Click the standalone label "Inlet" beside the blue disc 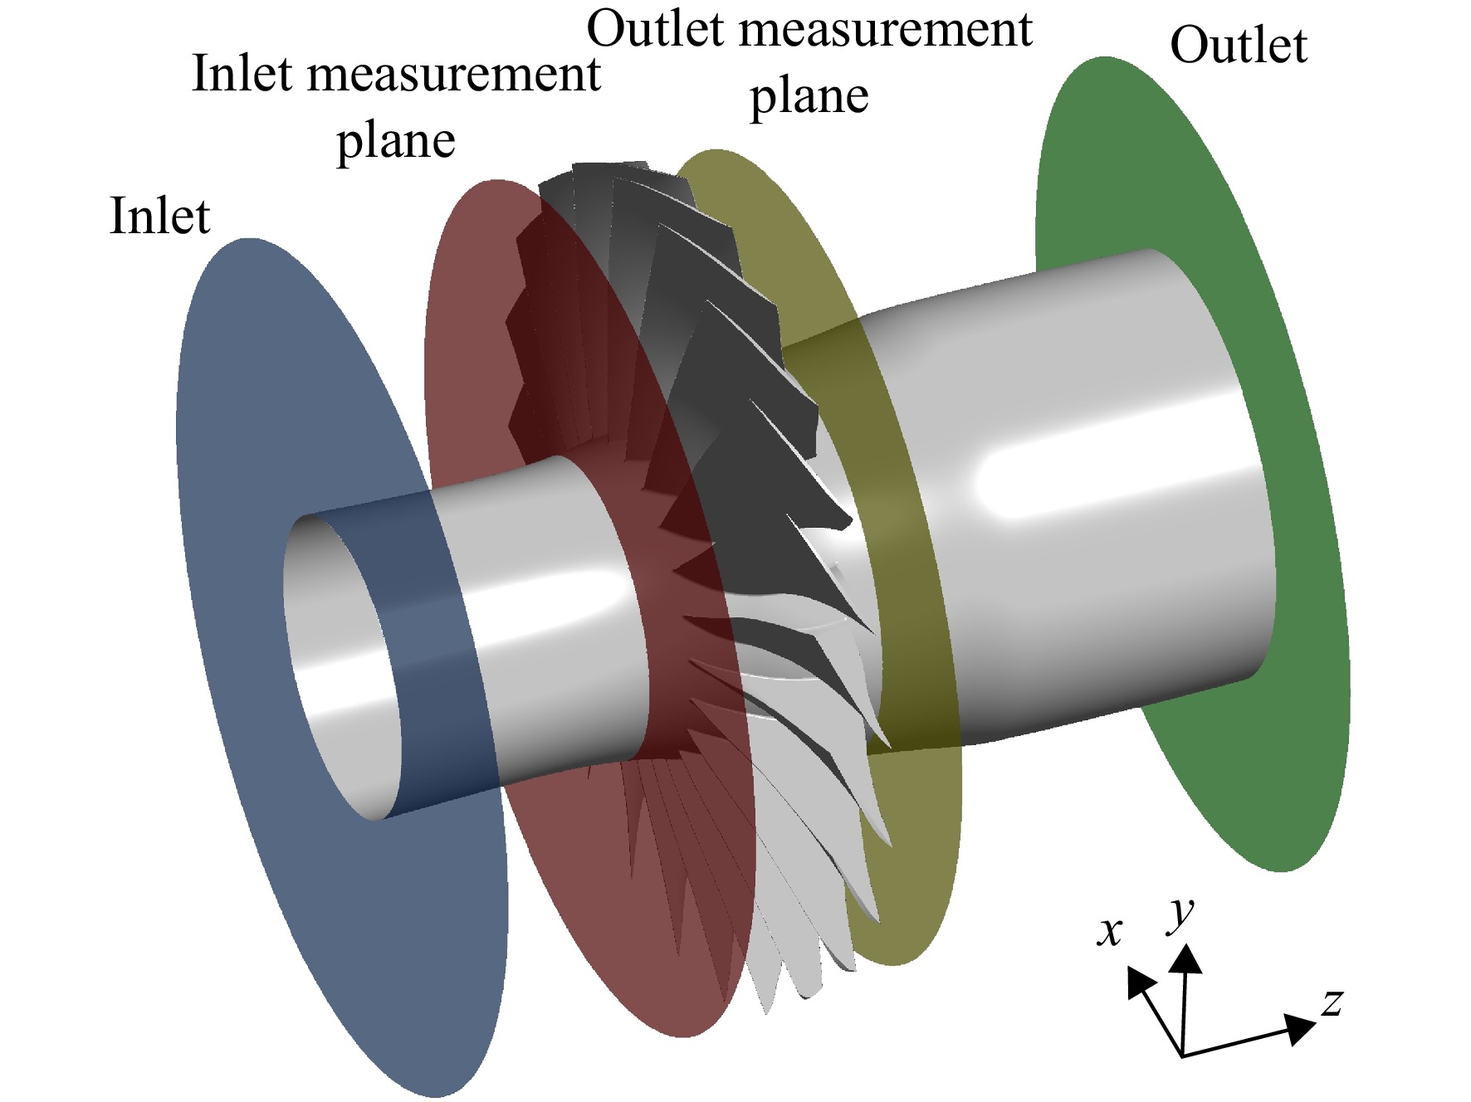tap(159, 217)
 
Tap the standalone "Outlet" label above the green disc tap(1239, 45)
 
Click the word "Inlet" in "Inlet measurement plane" tap(242, 74)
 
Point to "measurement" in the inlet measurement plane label tap(454, 76)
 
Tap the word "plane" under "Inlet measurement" tap(396, 142)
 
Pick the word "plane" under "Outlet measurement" tap(809, 97)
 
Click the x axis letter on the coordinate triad tap(1110, 931)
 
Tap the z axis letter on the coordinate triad tap(1332, 1002)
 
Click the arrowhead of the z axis tap(1299, 1027)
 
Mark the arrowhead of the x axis tap(1140, 982)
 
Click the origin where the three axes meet tap(1181, 1056)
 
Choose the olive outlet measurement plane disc tap(913, 830)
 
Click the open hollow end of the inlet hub tap(340, 664)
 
